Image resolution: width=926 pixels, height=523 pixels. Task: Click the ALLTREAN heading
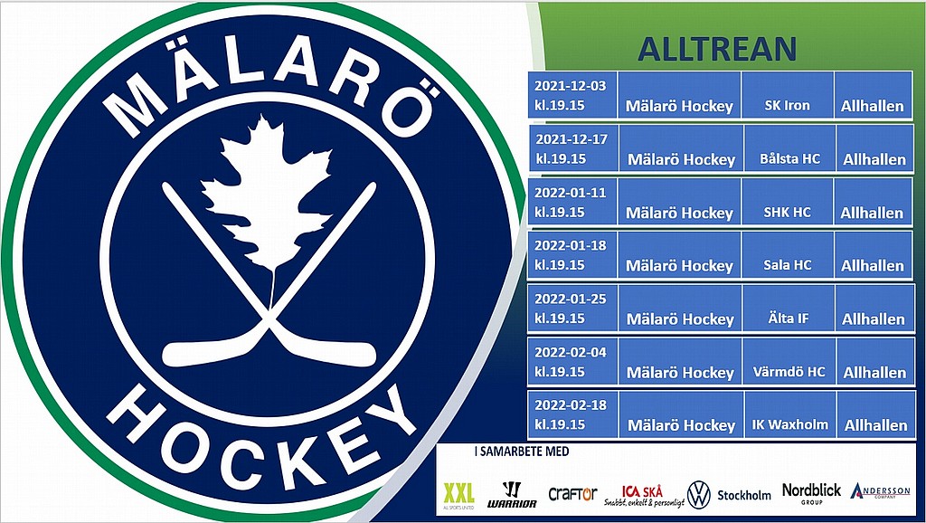(717, 49)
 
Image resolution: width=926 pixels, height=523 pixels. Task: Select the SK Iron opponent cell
(788, 95)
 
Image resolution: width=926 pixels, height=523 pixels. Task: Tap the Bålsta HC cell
(790, 148)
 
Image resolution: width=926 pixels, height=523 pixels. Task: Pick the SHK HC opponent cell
(788, 202)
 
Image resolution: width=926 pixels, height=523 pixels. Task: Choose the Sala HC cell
(788, 254)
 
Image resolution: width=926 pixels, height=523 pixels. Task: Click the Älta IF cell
(789, 308)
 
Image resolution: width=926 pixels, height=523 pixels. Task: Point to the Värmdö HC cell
(789, 362)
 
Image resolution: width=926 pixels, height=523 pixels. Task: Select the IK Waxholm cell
(790, 414)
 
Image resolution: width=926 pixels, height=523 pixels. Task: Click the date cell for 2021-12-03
(572, 95)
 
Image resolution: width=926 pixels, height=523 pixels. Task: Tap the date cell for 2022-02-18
(572, 414)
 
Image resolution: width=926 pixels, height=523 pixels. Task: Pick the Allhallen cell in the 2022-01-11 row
(873, 202)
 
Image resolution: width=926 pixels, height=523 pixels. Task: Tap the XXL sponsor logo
(458, 495)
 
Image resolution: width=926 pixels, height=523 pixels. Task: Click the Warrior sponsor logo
(512, 495)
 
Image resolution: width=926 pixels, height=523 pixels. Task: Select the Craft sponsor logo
(572, 493)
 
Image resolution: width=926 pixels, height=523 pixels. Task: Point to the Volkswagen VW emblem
(699, 495)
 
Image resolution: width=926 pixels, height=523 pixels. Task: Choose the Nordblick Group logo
(811, 493)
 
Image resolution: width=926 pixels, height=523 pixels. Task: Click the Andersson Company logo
(880, 491)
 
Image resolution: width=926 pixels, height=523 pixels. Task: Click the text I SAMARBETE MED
(522, 452)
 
